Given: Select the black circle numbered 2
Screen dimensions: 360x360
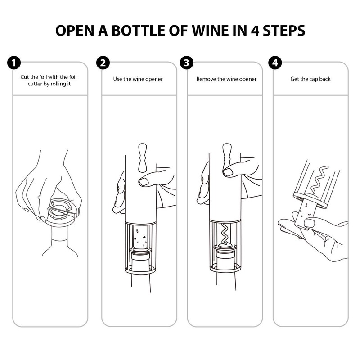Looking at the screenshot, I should [103, 63].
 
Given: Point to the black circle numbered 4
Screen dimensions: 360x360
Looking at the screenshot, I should [274, 63].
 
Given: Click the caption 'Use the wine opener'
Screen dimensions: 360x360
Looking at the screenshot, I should [138, 79].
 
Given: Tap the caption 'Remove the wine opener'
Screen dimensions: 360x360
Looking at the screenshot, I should [226, 79].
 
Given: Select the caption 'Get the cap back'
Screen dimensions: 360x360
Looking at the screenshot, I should [310, 79].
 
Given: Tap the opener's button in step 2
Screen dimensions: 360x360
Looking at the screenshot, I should [144, 157].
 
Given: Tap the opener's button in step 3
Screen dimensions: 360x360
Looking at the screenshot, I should [228, 157].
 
